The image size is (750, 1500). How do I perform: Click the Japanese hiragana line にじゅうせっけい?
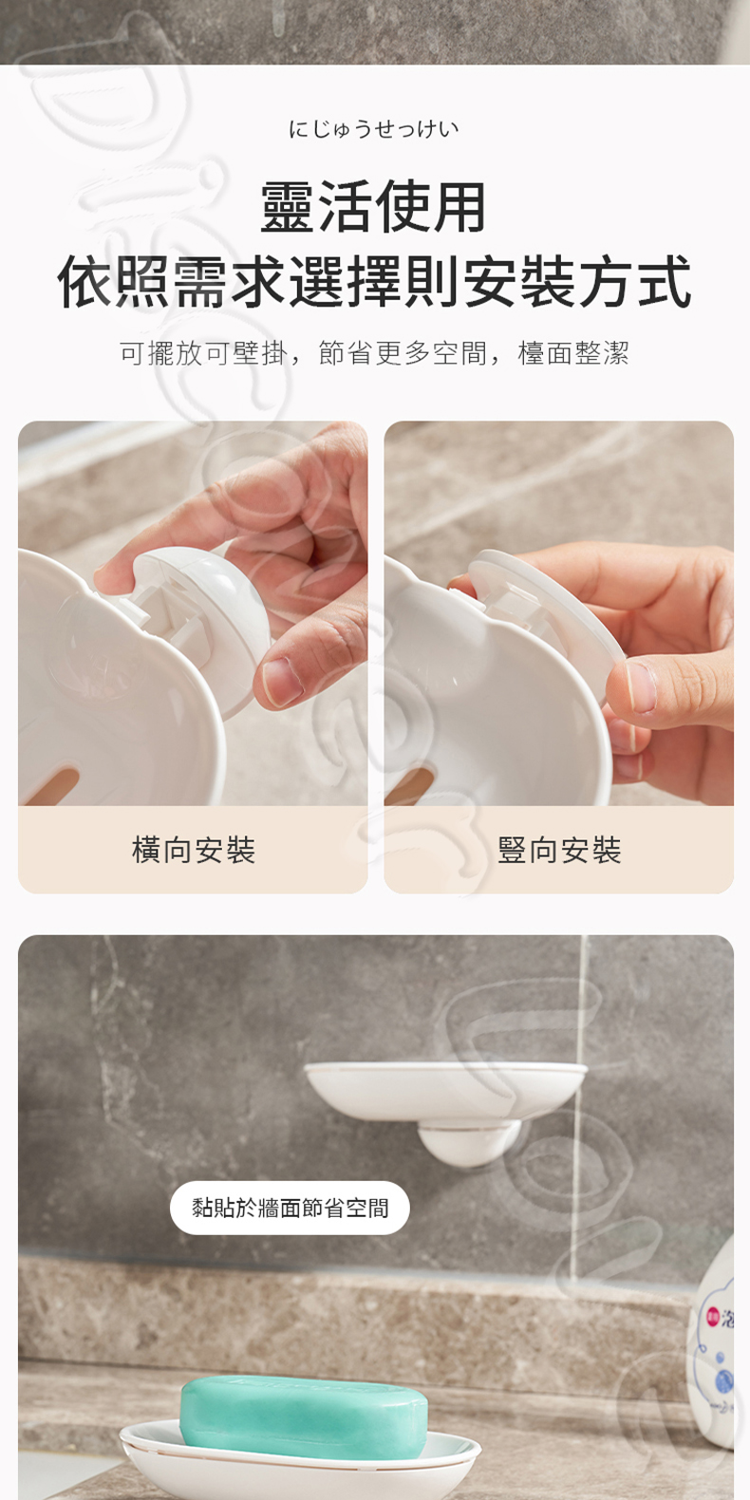pos(374,128)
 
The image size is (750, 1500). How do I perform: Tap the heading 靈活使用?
pos(374,207)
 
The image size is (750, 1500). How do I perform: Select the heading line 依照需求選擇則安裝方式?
pos(374,282)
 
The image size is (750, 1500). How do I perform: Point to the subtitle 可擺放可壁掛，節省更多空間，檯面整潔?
pos(374,353)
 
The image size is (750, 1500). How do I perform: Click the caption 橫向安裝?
pos(193,850)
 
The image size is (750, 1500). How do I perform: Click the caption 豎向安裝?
pos(559,850)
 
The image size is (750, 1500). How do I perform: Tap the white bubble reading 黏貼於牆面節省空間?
pos(290,1208)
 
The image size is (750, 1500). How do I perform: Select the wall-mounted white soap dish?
pos(446,1088)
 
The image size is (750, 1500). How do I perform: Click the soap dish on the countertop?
pos(299,1462)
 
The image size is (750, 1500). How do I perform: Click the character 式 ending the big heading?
pos(664,282)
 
